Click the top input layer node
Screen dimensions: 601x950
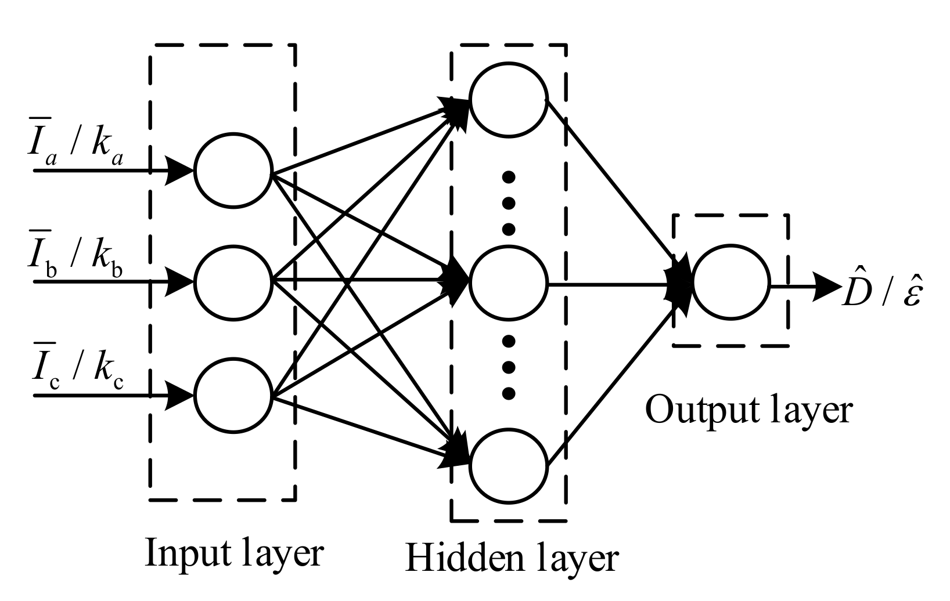(233, 171)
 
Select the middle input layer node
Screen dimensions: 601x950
(233, 283)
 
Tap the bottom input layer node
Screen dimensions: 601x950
(233, 396)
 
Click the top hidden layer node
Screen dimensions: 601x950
(509, 99)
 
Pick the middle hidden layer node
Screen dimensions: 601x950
(509, 284)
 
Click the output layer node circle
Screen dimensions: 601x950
(731, 284)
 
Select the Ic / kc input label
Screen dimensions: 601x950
(75, 371)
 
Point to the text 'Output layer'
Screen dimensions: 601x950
(749, 410)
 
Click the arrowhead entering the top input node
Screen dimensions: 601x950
(179, 171)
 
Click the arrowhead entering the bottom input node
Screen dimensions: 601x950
(179, 396)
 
